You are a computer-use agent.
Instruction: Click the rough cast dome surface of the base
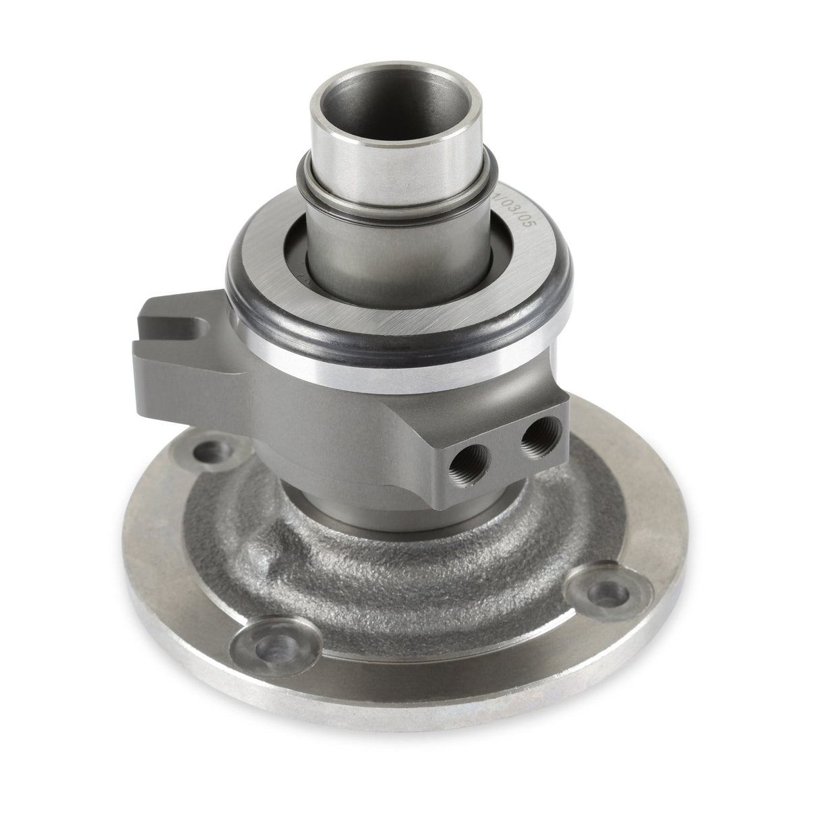[418, 593]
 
